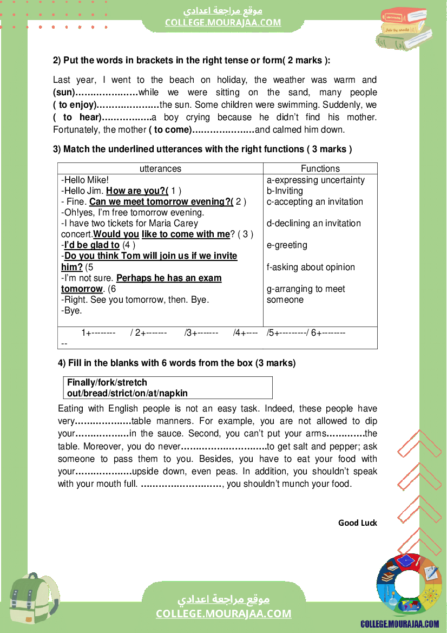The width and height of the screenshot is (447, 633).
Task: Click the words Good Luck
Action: (x=357, y=523)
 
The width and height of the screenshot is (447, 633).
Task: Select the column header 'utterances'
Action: (x=160, y=168)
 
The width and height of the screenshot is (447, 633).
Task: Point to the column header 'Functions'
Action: (x=320, y=168)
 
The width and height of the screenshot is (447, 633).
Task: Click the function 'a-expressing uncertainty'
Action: (x=315, y=180)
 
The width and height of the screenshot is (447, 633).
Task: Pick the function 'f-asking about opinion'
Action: (x=311, y=267)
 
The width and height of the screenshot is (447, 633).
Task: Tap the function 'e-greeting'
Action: (x=287, y=245)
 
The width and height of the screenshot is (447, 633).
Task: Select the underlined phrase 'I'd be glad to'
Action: (x=91, y=245)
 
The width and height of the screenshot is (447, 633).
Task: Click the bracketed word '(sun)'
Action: (x=63, y=92)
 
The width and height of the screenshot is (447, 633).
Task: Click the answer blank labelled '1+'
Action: (x=98, y=333)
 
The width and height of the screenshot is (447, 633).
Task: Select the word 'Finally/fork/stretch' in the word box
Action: (x=107, y=382)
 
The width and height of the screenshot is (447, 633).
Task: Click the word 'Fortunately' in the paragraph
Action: (x=76, y=130)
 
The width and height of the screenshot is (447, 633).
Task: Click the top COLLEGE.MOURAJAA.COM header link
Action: (x=223, y=22)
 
